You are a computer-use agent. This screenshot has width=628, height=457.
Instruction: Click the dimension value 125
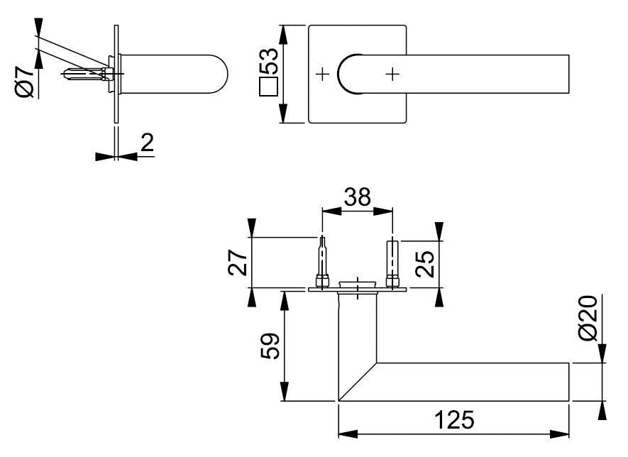(x=453, y=420)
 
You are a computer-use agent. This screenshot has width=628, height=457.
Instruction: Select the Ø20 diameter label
(x=588, y=318)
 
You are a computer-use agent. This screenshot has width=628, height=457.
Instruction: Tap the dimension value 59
(x=270, y=346)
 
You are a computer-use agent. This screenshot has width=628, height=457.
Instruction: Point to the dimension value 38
(x=358, y=197)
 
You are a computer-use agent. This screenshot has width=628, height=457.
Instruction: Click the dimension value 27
(x=237, y=263)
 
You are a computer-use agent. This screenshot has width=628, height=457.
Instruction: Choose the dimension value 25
(x=425, y=264)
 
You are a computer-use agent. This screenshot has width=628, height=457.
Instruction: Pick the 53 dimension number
(x=268, y=61)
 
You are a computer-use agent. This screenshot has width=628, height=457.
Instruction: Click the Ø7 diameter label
(x=24, y=82)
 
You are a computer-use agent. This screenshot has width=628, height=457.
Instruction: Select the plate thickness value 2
(x=147, y=143)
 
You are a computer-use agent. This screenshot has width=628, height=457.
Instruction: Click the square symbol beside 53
(x=268, y=87)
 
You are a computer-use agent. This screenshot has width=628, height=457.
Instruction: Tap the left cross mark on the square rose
(x=322, y=74)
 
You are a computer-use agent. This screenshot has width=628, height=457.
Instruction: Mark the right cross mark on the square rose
(x=392, y=74)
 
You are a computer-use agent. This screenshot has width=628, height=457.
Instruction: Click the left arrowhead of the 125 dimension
(x=348, y=434)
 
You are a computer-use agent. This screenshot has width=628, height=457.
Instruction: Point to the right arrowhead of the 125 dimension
(x=559, y=434)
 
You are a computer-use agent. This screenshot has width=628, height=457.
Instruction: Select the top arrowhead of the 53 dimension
(x=283, y=35)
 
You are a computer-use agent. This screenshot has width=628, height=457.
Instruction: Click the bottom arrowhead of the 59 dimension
(x=284, y=391)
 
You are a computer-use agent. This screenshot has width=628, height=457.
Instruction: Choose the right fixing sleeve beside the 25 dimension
(x=392, y=263)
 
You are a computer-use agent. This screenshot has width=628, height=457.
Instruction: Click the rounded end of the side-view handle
(x=220, y=74)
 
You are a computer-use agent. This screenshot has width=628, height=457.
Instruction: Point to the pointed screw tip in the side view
(x=66, y=74)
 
